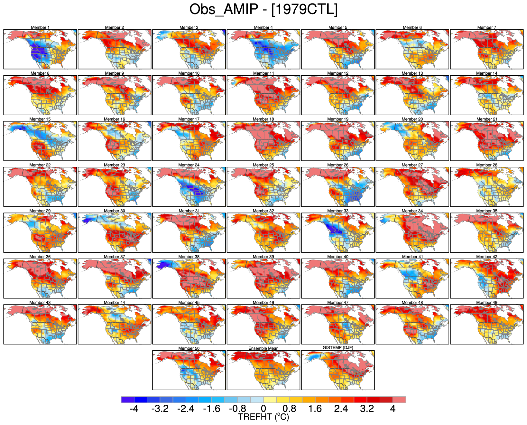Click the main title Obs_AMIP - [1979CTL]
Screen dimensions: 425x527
263,10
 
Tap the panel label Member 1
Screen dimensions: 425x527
40,27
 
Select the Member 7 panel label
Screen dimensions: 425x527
486,27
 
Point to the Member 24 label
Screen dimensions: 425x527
189,165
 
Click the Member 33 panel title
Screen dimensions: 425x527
338,211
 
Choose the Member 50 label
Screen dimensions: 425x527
189,348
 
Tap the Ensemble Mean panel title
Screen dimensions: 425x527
263,348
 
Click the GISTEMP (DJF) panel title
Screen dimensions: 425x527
338,348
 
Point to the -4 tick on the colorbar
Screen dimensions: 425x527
134,409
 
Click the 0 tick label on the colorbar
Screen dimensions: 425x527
263,409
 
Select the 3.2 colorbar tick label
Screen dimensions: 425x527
367,409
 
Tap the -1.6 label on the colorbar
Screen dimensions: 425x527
212,409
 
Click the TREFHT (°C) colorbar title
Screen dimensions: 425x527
263,417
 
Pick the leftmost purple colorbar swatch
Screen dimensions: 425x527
128,400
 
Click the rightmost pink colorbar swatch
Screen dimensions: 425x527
399,400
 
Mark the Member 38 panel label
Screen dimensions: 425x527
189,257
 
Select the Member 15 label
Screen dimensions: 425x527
40,119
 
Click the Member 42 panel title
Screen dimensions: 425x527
486,257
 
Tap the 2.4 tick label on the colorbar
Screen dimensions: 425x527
341,409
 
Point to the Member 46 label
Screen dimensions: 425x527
263,303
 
